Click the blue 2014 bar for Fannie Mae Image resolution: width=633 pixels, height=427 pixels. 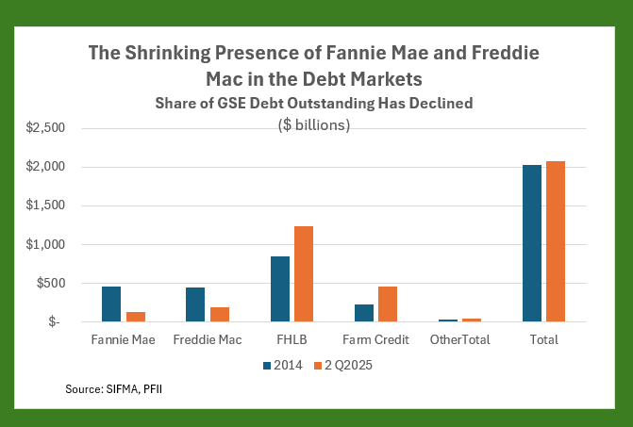pos(111,304)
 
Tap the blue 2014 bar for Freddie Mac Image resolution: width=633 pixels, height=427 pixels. pos(195,304)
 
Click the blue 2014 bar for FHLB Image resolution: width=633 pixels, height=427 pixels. pos(280,288)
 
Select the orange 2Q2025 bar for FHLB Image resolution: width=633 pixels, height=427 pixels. pos(303,273)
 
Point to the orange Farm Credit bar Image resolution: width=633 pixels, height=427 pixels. pos(387,304)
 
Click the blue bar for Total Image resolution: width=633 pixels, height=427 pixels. pos(532,243)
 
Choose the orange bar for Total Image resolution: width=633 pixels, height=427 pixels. pos(555,241)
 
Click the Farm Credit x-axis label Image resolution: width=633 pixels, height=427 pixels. pos(375,339)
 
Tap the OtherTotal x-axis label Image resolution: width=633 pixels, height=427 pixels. pos(459,339)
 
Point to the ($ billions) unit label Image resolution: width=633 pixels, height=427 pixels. pos(314,124)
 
